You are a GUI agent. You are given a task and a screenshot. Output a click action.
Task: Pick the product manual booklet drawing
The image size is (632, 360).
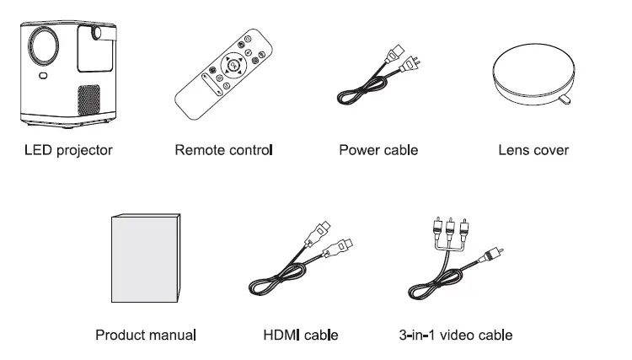pos(146,259)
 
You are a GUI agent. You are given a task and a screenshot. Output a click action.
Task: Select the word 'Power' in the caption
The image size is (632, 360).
pos(357,151)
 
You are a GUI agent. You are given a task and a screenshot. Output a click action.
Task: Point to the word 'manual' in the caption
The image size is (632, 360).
pos(172,335)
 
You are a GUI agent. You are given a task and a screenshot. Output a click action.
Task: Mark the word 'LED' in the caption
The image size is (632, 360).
pos(36,151)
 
